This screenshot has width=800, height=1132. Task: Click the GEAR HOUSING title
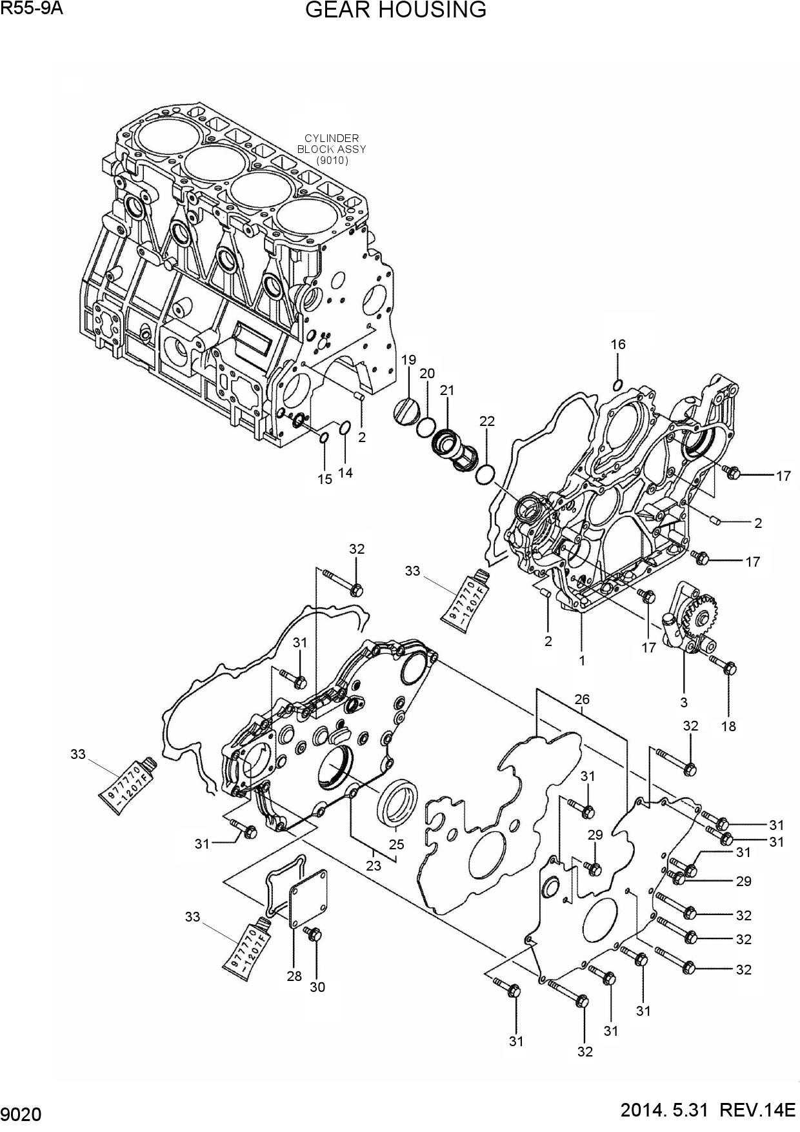point(395,10)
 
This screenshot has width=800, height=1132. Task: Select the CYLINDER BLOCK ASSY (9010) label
point(331,148)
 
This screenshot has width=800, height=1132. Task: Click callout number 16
point(618,345)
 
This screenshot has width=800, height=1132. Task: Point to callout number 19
point(409,359)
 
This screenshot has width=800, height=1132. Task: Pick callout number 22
point(487,421)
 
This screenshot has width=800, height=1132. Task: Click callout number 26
point(582,699)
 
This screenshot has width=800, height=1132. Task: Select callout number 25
point(396,844)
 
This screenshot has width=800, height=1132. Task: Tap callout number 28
point(294,976)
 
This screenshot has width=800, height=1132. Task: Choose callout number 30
point(317,987)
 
